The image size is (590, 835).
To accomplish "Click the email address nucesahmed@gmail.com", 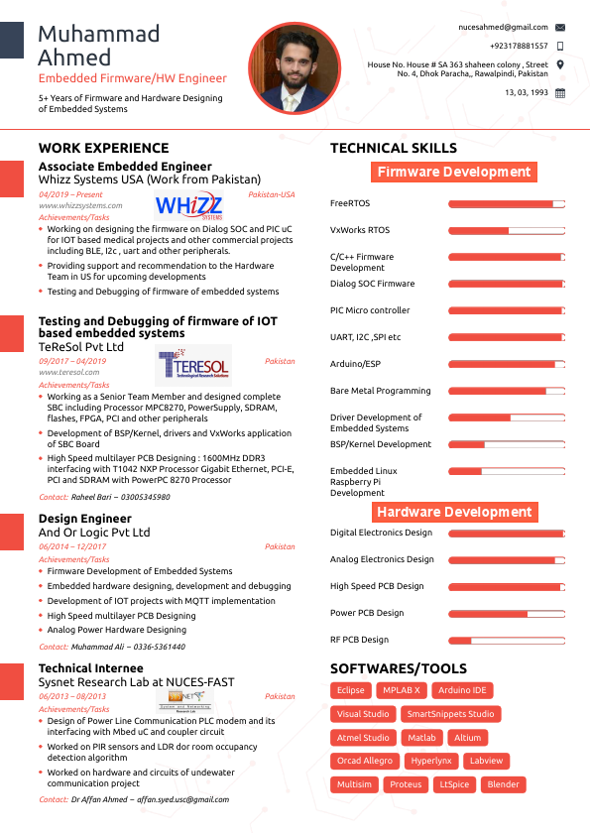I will [x=503, y=27].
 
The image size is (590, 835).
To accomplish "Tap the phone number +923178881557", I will [x=518, y=46].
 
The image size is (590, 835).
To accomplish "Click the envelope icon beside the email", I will [x=560, y=27].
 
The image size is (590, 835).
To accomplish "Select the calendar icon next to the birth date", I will [x=560, y=92].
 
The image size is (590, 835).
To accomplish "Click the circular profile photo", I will [x=292, y=67].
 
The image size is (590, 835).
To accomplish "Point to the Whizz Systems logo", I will [x=189, y=206].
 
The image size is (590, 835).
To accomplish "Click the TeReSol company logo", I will [x=193, y=367].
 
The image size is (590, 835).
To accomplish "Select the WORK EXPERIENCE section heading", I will [x=103, y=148].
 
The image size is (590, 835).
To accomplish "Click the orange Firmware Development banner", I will [x=454, y=172].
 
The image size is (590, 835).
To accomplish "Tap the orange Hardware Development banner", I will [x=454, y=512].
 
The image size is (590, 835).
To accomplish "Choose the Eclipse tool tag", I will [x=351, y=690].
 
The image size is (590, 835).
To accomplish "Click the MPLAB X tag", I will [x=402, y=690].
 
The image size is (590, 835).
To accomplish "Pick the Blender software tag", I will [x=503, y=784].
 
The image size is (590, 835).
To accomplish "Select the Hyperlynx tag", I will [x=431, y=761].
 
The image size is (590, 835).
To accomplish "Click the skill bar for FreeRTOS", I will [x=506, y=204].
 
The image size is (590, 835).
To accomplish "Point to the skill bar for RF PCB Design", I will [x=506, y=640].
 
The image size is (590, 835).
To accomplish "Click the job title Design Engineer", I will [x=84, y=519].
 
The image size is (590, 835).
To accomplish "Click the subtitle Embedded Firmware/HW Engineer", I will [x=133, y=78].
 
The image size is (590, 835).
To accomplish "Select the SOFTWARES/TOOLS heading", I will [x=398, y=668].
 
